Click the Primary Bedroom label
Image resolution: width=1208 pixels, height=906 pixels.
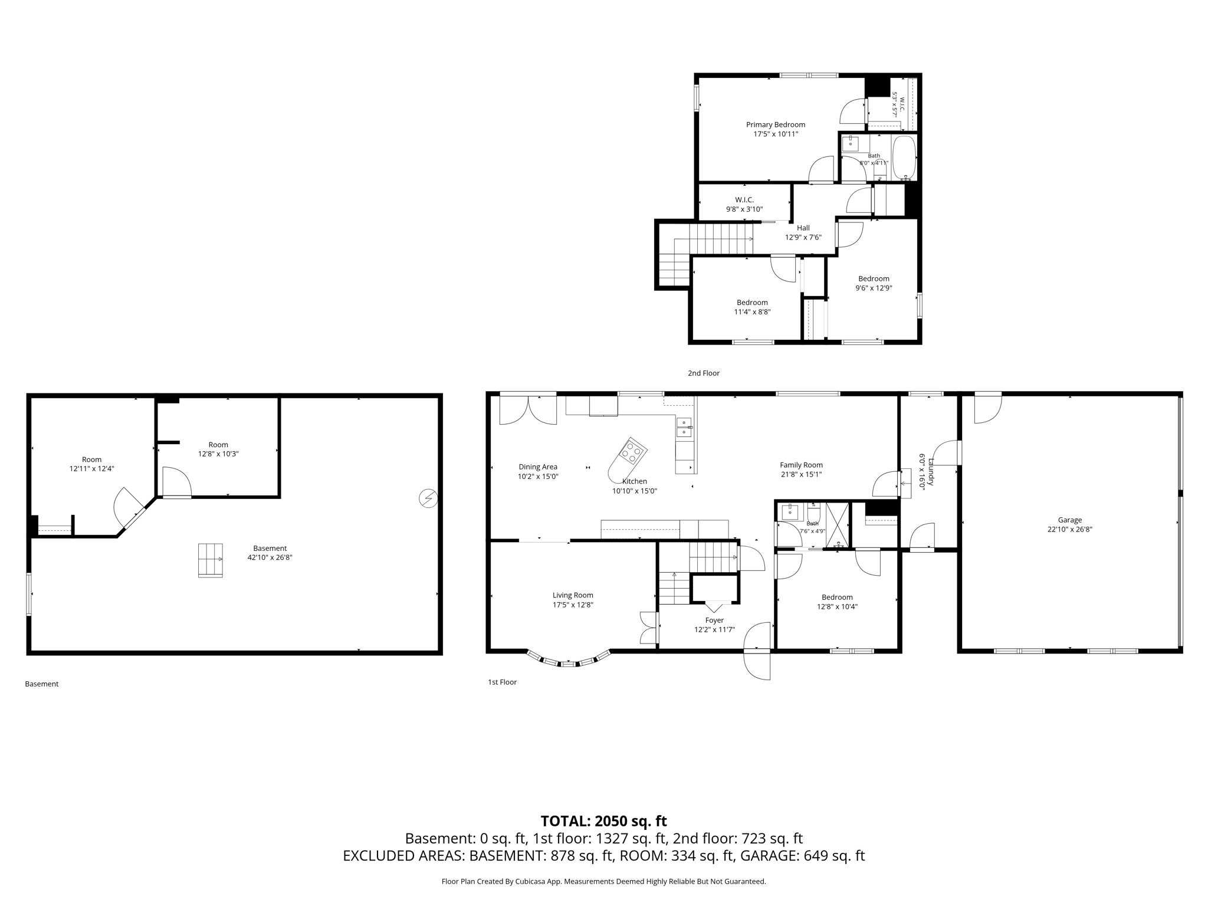(x=775, y=124)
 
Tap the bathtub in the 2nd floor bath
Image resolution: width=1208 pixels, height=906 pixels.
(x=903, y=157)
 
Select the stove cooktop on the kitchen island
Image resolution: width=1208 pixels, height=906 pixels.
(x=632, y=451)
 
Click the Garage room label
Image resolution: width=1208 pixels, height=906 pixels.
(x=1069, y=520)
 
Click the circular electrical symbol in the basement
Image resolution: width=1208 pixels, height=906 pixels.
(x=428, y=498)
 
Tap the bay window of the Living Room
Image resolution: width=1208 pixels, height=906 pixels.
(x=568, y=659)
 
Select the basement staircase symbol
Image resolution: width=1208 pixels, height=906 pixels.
(x=211, y=560)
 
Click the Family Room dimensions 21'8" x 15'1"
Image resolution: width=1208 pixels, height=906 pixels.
(x=801, y=474)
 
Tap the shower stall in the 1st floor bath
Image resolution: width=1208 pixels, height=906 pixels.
(x=838, y=525)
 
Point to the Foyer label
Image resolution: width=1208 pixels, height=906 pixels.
(x=714, y=620)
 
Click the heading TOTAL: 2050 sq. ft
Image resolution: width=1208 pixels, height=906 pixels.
(x=603, y=821)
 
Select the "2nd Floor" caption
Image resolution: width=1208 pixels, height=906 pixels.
(x=704, y=373)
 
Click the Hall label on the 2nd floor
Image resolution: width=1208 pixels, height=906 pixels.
(x=803, y=228)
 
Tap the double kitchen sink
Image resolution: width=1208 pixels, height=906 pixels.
(x=684, y=427)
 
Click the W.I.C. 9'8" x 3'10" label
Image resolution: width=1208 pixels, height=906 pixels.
(x=744, y=204)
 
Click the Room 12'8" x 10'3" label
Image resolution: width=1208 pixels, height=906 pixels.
(x=218, y=449)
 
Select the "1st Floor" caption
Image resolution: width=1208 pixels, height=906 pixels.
(x=502, y=682)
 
